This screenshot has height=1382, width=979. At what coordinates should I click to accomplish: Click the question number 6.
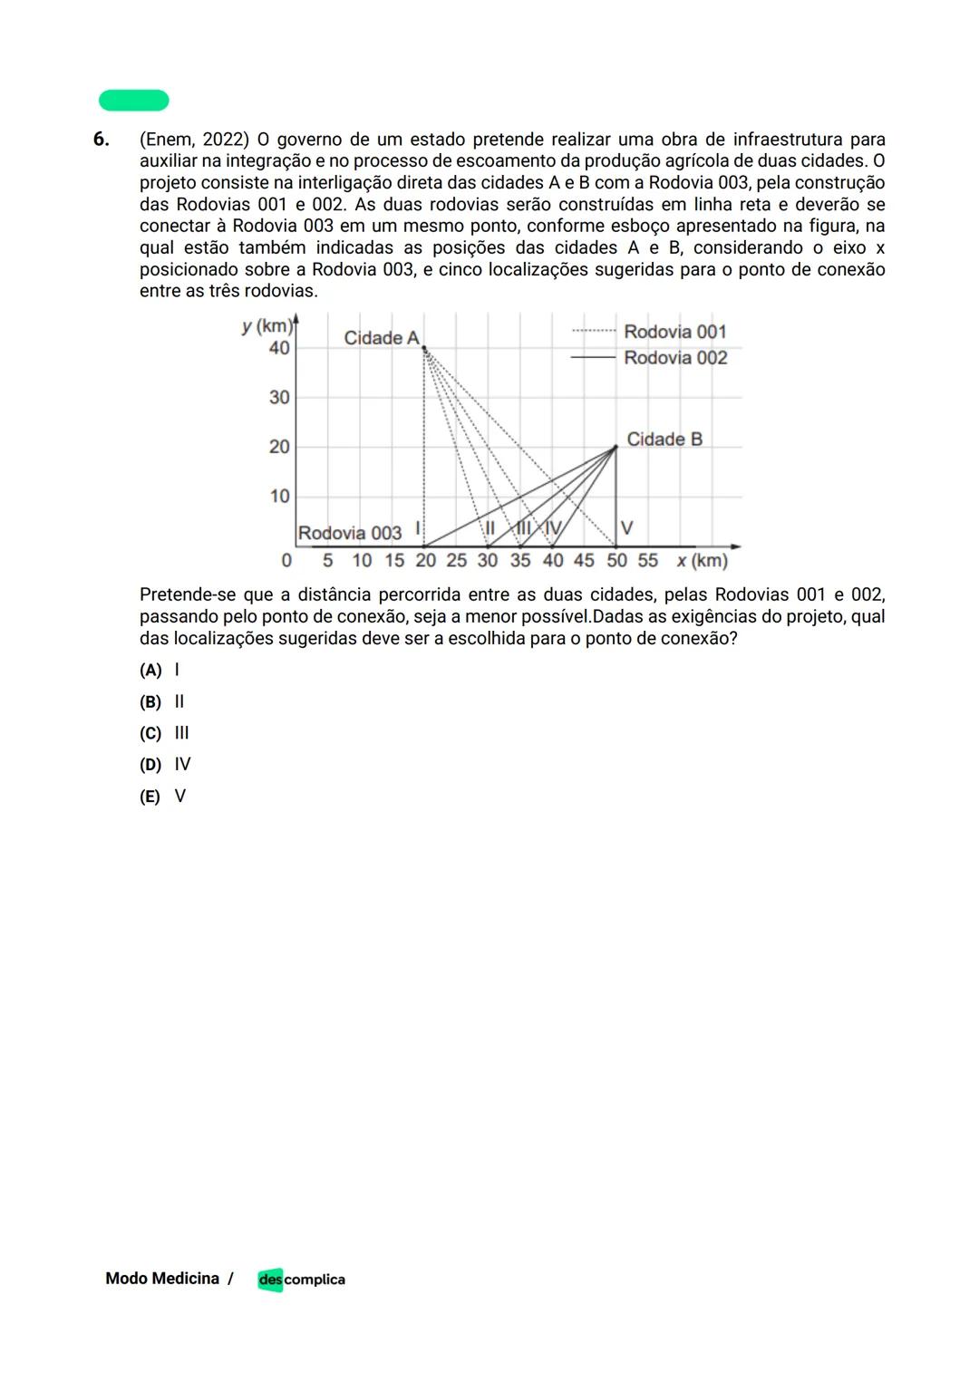coord(101,140)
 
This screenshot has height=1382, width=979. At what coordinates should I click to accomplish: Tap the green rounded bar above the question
coord(134,100)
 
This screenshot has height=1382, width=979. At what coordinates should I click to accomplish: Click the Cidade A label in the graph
coord(381,338)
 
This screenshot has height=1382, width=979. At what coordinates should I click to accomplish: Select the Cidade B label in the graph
coord(664,440)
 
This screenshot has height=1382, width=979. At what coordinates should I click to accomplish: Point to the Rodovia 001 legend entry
coord(674,332)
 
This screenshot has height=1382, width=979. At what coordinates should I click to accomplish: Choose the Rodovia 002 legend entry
coord(674,358)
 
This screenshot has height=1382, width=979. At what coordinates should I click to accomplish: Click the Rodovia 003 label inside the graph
coord(349,533)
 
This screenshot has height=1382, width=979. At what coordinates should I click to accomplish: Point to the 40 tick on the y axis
coord(279,348)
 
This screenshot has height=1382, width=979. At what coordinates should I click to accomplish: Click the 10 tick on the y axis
coord(279,496)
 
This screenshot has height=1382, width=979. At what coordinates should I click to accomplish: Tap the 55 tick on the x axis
coord(647,560)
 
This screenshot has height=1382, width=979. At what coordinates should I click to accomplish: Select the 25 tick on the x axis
coord(456,560)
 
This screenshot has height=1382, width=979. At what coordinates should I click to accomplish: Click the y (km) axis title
coord(267,326)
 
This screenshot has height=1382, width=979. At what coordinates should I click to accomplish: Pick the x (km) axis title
coord(702,561)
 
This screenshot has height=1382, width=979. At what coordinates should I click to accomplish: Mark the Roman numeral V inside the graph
coord(626,527)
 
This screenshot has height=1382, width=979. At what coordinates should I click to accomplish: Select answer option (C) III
coord(164,733)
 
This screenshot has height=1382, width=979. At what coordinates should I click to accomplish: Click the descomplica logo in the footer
coord(301,1279)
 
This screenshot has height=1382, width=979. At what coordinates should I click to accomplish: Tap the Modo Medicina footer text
coord(162,1279)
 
